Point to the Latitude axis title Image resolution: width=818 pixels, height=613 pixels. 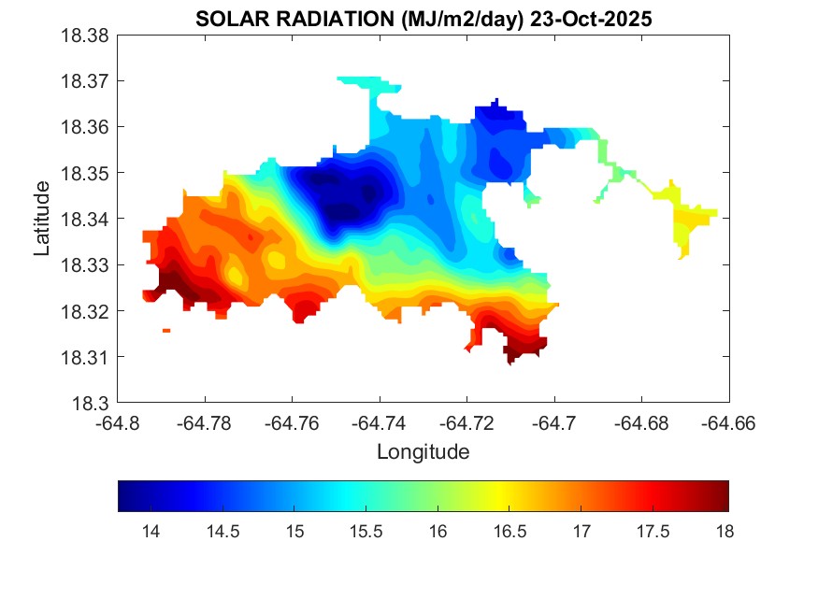point(42,219)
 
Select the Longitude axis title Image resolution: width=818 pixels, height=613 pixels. point(423,452)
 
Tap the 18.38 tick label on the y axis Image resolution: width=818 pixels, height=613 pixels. point(87,36)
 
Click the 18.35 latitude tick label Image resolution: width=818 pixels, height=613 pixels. point(87,173)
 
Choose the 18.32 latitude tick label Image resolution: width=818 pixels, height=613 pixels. point(87,311)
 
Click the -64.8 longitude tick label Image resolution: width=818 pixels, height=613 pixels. point(118,423)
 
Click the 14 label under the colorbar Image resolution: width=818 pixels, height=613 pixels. point(150,532)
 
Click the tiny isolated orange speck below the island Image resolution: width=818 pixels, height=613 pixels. point(166,331)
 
